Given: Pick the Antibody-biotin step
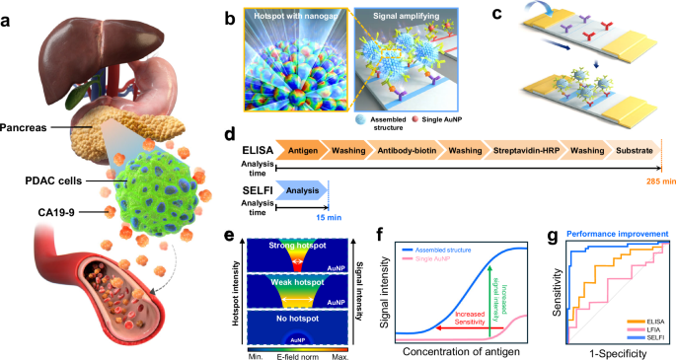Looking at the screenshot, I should point(401,150).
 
